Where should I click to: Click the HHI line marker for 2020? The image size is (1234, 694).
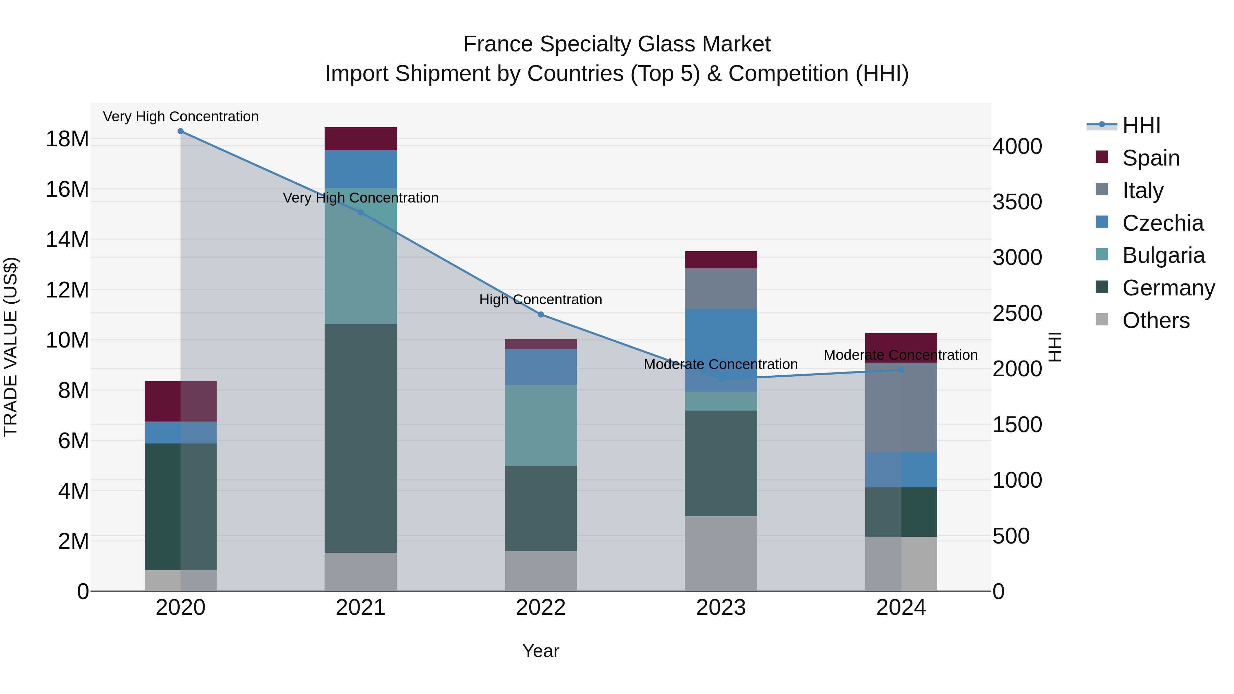click(x=181, y=131)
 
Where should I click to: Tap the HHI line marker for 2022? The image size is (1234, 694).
click(x=541, y=315)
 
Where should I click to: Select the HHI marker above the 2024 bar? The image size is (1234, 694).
click(x=901, y=370)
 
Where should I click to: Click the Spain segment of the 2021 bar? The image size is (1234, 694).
click(x=361, y=138)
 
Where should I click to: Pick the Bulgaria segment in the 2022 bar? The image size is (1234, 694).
click(x=541, y=425)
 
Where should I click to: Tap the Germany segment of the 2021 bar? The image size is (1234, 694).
click(x=361, y=438)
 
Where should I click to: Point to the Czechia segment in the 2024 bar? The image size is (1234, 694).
click(x=901, y=470)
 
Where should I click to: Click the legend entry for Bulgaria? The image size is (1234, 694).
click(x=1163, y=255)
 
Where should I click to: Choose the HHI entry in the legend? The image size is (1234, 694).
click(x=1141, y=125)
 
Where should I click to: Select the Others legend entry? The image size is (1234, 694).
click(x=1156, y=320)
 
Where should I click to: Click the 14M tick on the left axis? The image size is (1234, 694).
click(x=67, y=240)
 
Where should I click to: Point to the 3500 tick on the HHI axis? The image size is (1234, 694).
click(x=1017, y=202)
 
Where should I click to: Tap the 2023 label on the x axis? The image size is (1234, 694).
click(x=721, y=608)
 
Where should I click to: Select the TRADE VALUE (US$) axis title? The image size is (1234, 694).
click(x=11, y=347)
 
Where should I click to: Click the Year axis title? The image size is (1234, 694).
click(x=541, y=651)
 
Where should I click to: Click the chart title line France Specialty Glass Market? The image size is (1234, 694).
click(x=617, y=44)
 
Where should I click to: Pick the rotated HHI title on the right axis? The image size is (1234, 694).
click(x=1055, y=347)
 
